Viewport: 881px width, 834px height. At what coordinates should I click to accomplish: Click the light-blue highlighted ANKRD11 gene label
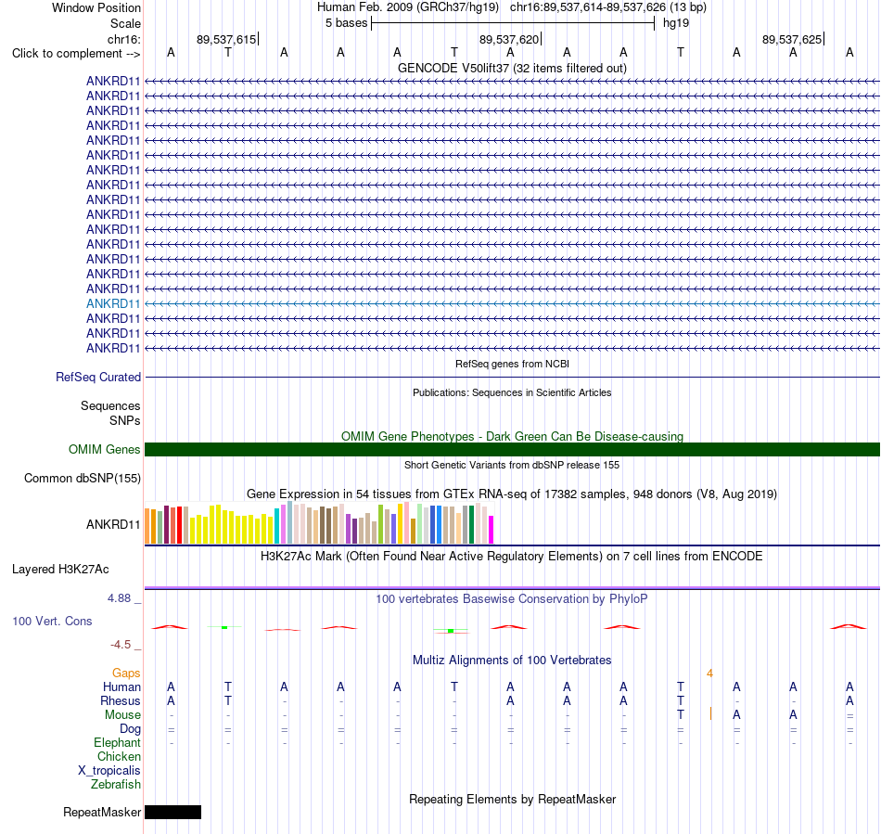click(x=113, y=304)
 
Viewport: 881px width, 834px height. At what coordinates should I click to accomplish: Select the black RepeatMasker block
click(x=173, y=812)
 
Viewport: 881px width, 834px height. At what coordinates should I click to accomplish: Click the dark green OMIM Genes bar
click(x=512, y=450)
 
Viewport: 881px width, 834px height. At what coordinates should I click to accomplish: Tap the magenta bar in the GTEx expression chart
click(x=492, y=530)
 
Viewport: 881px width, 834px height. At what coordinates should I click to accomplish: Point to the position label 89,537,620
click(x=509, y=39)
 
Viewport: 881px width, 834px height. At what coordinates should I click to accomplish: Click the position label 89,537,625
click(x=792, y=39)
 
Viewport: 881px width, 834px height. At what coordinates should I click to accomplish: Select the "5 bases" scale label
click(x=346, y=23)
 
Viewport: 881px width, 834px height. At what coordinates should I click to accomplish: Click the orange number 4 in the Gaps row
click(x=709, y=674)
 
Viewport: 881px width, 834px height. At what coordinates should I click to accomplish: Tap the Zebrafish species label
click(x=116, y=785)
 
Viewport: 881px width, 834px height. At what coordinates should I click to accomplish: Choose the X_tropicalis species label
click(x=109, y=771)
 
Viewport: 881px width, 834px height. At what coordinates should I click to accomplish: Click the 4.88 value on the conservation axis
click(x=119, y=598)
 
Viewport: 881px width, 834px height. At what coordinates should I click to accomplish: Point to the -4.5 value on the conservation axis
click(x=121, y=645)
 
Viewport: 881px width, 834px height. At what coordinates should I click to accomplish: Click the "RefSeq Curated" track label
click(x=98, y=377)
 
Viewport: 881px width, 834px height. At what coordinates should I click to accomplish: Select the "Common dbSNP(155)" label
click(x=83, y=479)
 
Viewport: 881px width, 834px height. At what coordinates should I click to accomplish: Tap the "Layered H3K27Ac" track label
click(x=60, y=570)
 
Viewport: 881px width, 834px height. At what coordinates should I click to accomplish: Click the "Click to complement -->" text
click(x=76, y=54)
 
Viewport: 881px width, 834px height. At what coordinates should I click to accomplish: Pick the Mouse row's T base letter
click(x=681, y=715)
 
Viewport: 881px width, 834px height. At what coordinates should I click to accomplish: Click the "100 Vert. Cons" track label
click(x=52, y=621)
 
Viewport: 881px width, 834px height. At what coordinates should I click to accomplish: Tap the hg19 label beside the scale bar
click(x=676, y=23)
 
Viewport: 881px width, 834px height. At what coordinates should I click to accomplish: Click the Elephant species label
click(x=118, y=743)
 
